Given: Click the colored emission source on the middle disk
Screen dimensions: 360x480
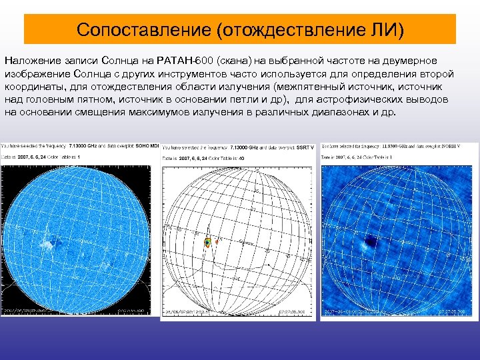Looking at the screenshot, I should pyautogui.click(x=207, y=243).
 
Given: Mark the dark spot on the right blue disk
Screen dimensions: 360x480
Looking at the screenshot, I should pyautogui.click(x=369, y=240).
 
